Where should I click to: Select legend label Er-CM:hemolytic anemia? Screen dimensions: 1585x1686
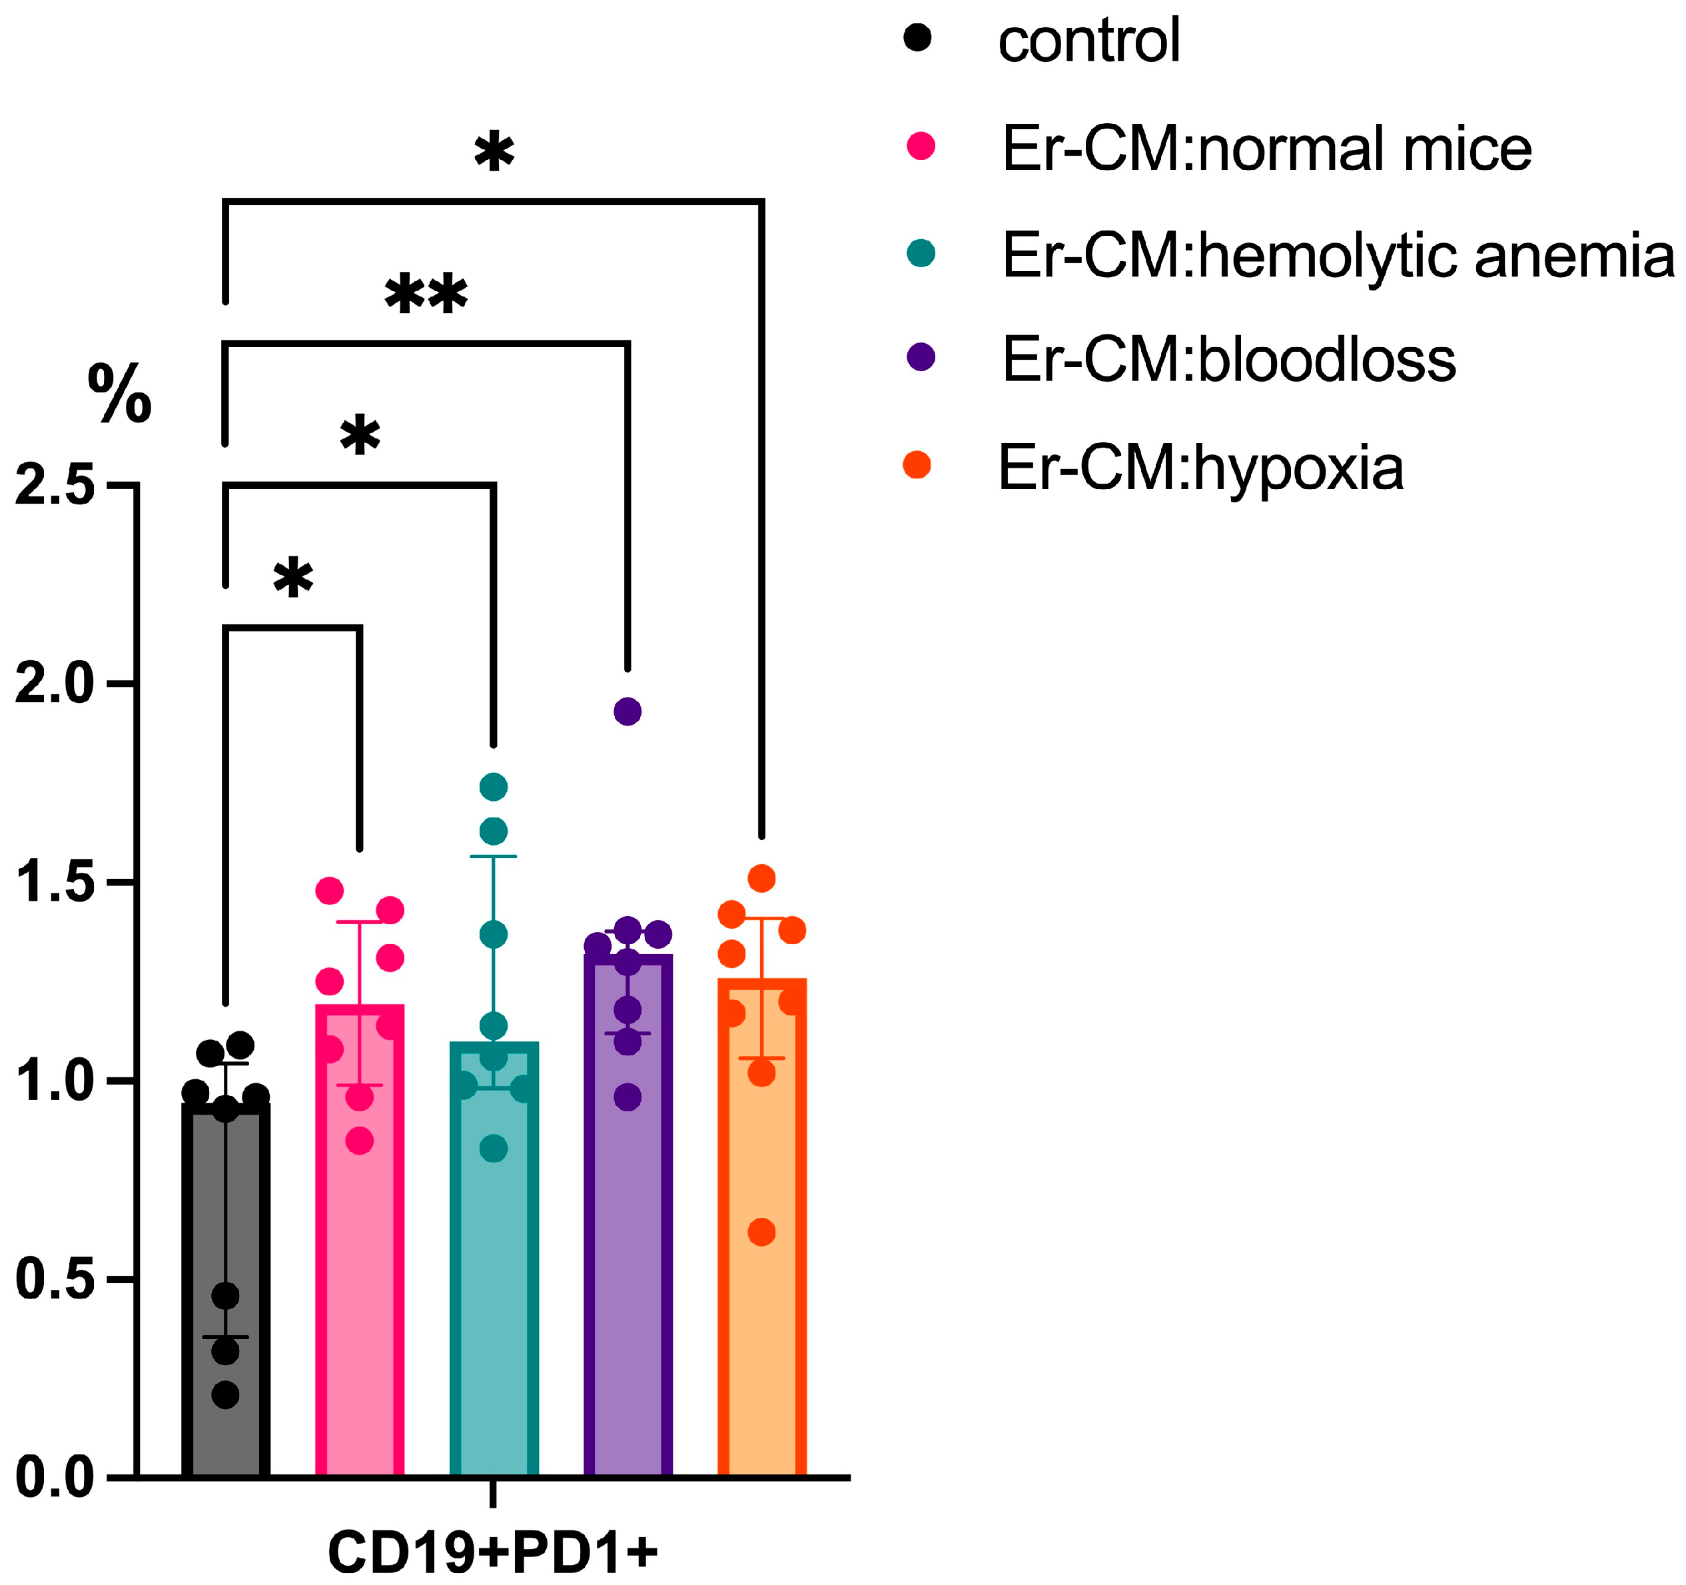tap(1338, 255)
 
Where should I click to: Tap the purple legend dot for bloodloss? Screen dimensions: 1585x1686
tap(920, 357)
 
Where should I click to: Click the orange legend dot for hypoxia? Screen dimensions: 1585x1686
tap(917, 465)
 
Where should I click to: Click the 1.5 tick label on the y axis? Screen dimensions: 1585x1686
tap(55, 882)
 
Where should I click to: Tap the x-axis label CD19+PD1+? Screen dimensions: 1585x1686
tap(493, 1552)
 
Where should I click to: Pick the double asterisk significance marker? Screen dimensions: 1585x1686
tap(426, 296)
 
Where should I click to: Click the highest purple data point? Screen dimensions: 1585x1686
tap(628, 712)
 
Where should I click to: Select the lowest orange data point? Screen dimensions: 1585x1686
tap(761, 1231)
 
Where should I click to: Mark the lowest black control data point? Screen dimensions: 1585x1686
tap(226, 1394)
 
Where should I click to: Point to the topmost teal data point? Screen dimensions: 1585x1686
tap(494, 787)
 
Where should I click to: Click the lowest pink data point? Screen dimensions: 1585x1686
tap(360, 1141)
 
